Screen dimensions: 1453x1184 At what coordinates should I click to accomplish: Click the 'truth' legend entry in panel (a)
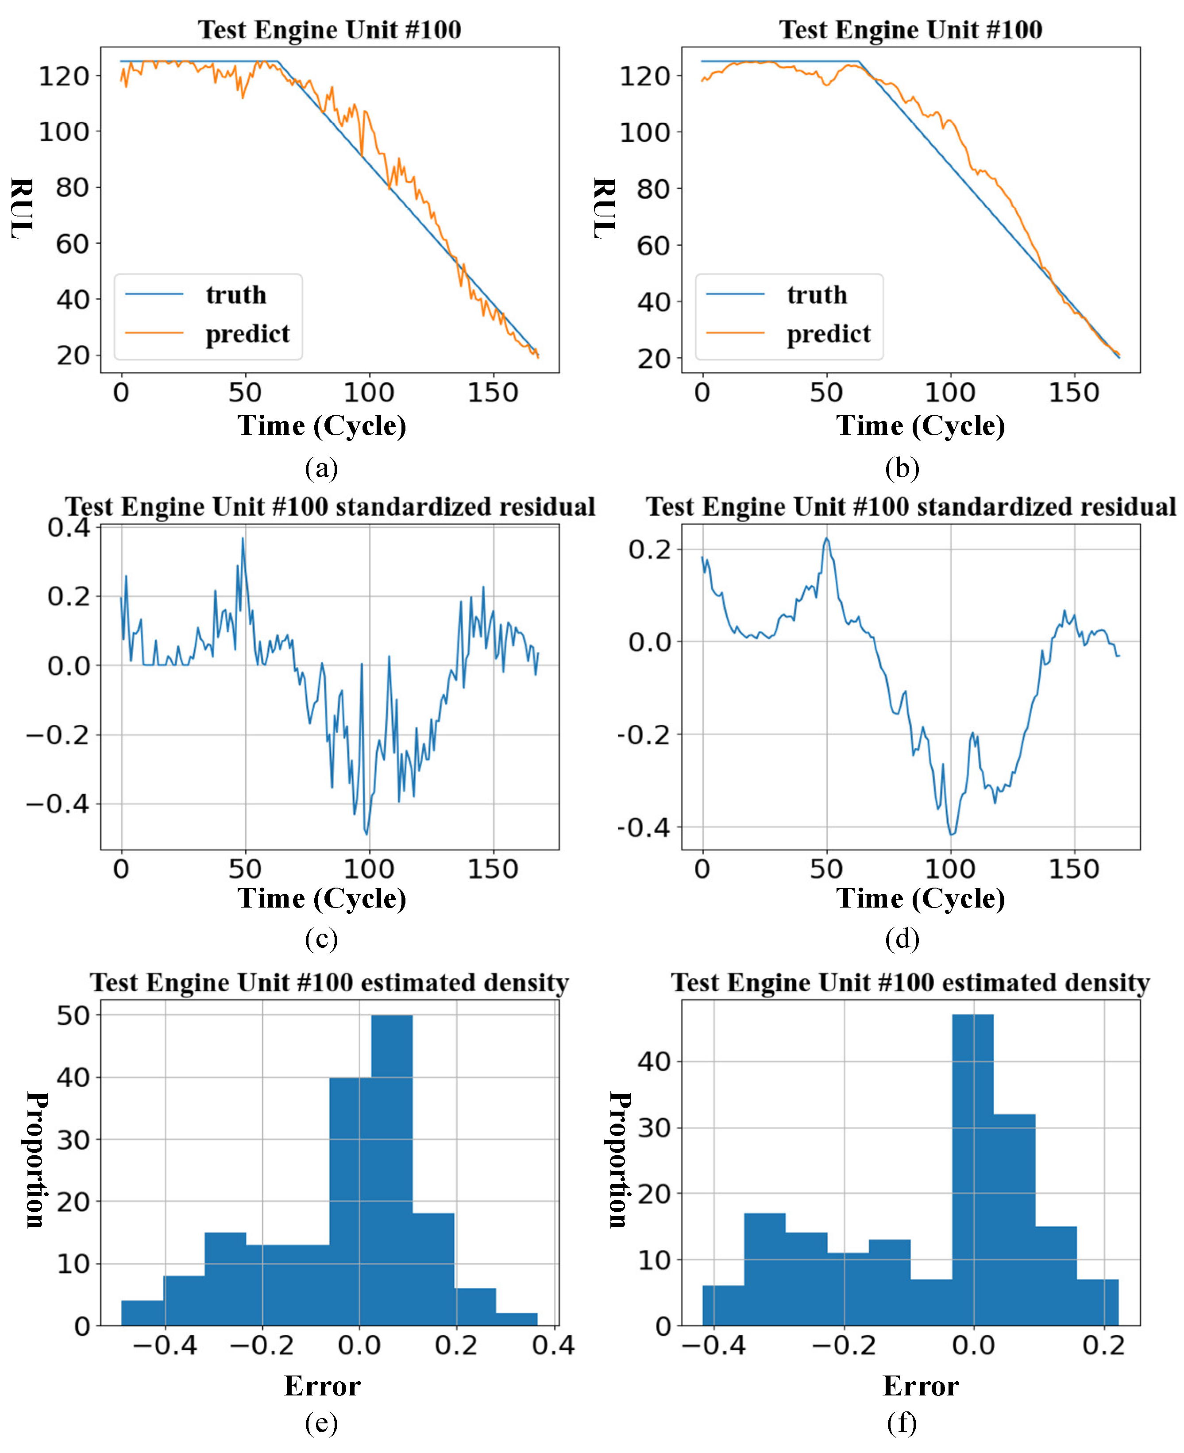click(235, 295)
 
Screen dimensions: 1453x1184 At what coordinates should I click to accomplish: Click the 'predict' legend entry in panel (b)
click(828, 333)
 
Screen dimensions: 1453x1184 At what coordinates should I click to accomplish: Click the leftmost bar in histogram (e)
click(143, 1312)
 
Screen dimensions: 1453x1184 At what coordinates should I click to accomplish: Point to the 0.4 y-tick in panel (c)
click(68, 527)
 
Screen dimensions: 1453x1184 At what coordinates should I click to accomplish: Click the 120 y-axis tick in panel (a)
click(63, 76)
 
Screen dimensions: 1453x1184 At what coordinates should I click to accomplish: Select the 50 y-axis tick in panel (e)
click(73, 1016)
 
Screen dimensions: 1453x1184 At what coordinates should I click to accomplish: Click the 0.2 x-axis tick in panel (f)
click(1103, 1345)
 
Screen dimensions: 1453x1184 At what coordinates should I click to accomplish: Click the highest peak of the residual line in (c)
click(242, 538)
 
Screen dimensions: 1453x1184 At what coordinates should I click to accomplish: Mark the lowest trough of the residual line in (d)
click(952, 834)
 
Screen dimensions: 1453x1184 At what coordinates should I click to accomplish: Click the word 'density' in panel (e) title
click(522, 983)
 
